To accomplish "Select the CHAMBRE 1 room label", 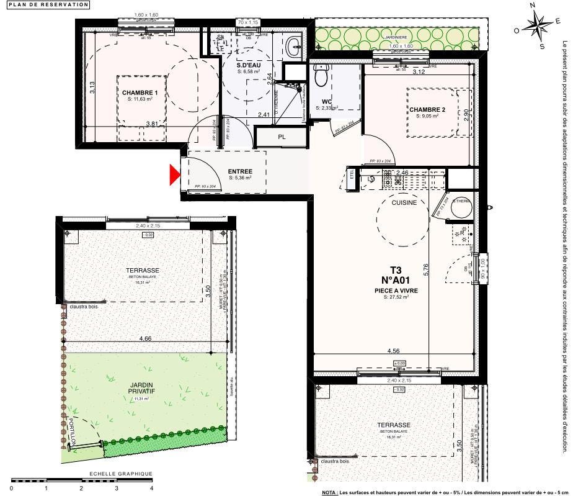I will click(x=140, y=92).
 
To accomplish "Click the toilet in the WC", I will click(x=321, y=76).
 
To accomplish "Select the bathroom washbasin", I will click(x=295, y=45).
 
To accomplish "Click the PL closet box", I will click(x=282, y=137).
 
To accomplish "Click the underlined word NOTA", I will click(x=330, y=492).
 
